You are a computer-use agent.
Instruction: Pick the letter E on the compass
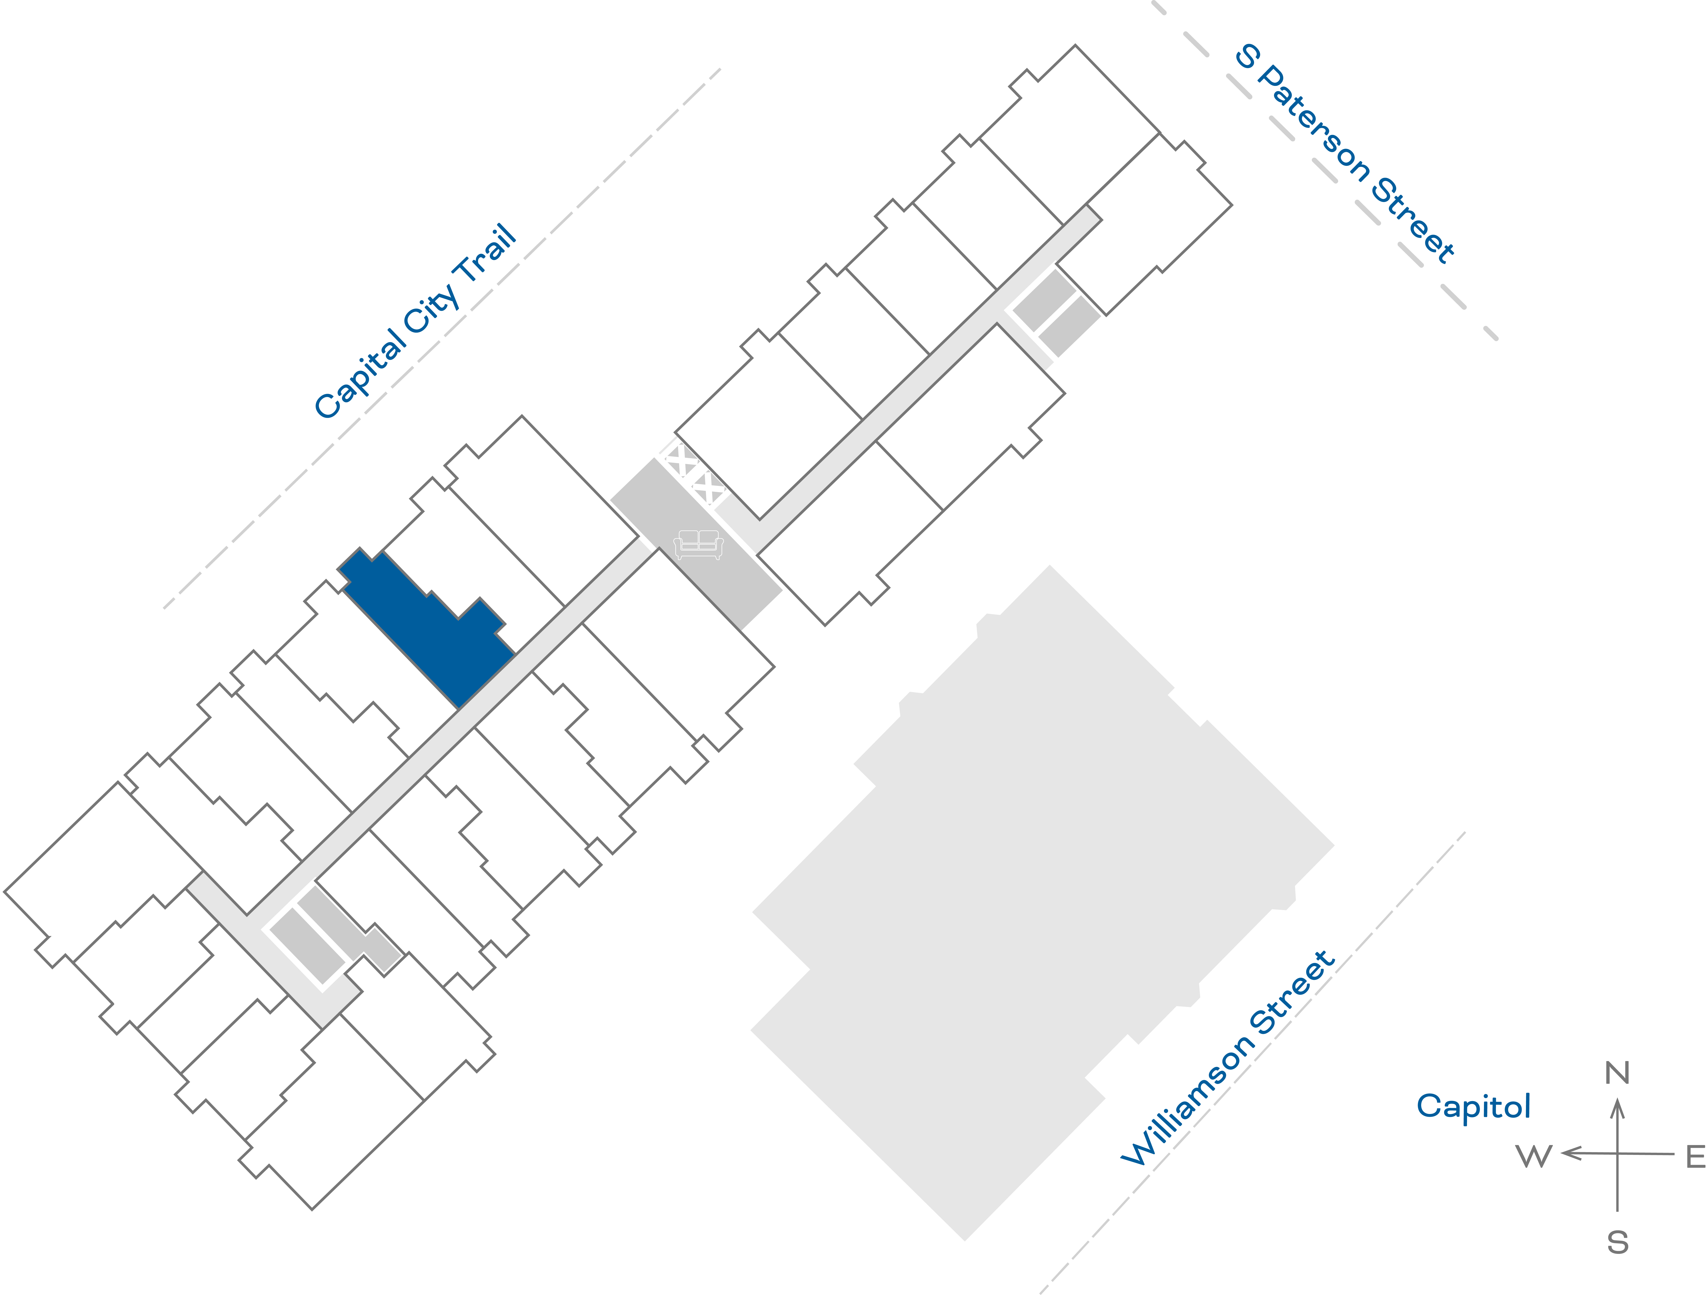(x=1695, y=1157)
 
